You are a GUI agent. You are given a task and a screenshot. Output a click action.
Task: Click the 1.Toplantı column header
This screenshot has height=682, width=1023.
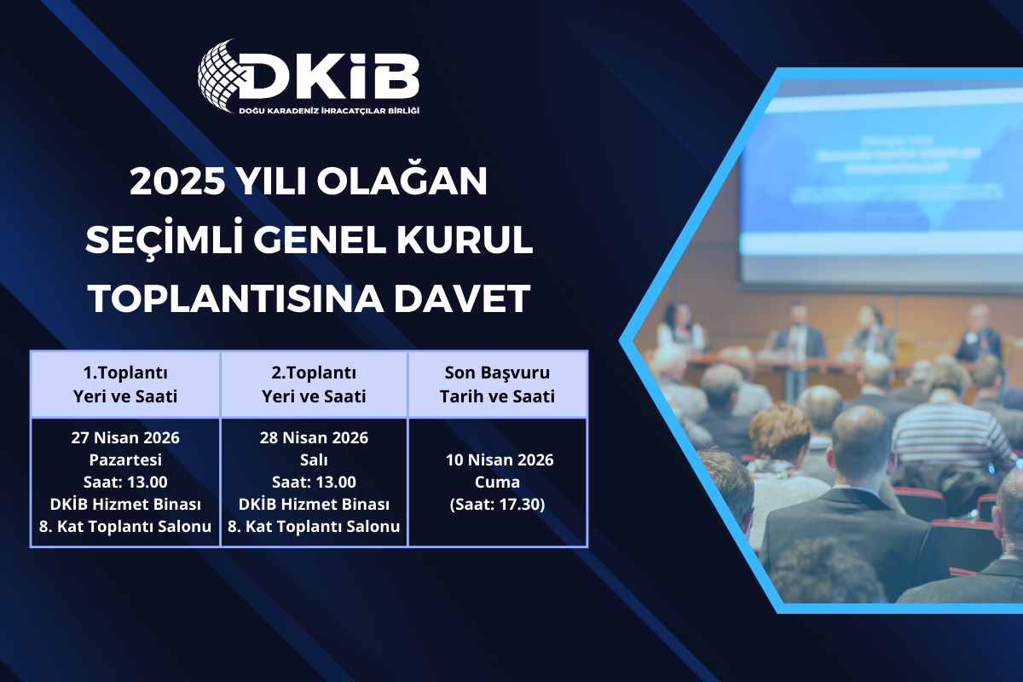[125, 384]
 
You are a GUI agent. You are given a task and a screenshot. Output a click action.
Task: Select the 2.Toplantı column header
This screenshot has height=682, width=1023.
[314, 384]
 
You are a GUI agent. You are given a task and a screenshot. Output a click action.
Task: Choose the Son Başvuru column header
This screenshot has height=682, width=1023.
[498, 384]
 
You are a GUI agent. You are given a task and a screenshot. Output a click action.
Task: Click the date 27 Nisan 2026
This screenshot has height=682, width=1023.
[125, 438]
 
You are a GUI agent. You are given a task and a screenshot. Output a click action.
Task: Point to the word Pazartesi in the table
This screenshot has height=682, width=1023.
[125, 460]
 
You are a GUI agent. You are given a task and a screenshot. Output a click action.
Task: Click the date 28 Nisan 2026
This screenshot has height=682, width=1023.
[314, 438]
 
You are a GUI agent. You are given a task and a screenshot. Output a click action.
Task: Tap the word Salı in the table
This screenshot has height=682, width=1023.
[314, 460]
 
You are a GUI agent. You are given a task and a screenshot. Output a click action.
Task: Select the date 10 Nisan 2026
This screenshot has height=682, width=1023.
[499, 460]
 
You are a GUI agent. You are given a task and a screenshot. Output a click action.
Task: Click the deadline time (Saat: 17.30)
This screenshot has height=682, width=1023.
[499, 505]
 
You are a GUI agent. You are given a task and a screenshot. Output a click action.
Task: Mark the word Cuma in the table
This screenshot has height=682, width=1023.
[499, 483]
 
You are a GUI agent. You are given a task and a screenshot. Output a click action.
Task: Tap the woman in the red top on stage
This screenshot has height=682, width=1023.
[681, 328]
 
